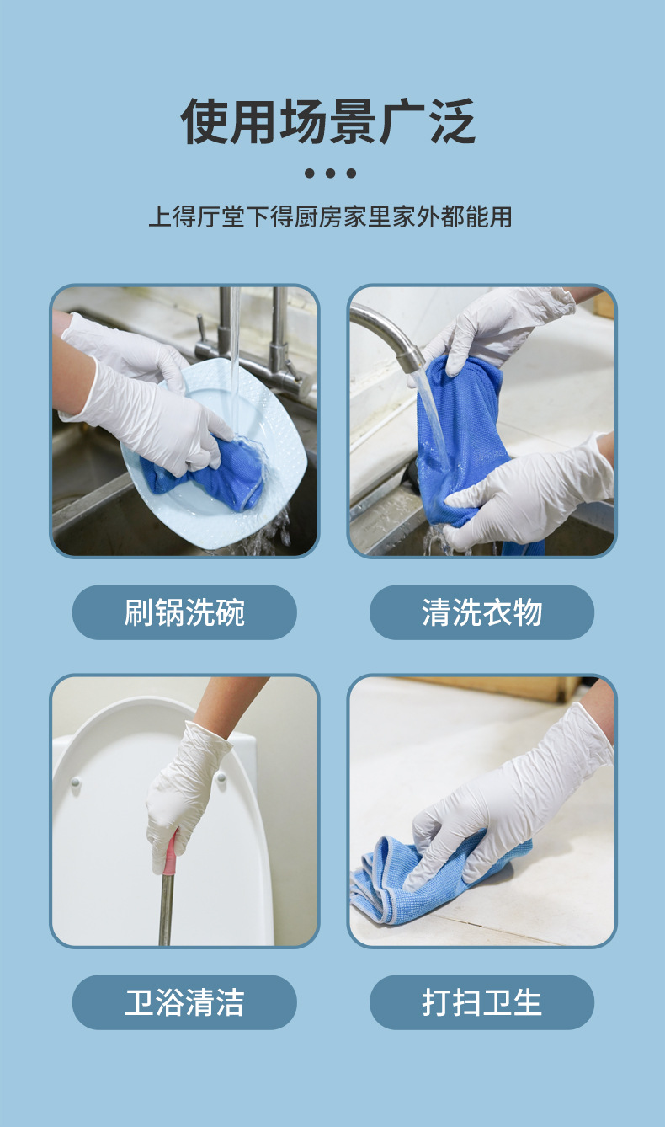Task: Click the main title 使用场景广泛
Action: coord(329,122)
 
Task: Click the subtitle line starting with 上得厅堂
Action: coord(330,216)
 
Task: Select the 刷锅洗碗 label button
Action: coord(184,612)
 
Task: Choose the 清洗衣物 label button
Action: coord(481,612)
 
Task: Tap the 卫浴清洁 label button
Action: coord(184,1002)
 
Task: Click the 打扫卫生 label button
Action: coord(481,1002)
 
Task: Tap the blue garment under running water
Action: coord(459,438)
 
